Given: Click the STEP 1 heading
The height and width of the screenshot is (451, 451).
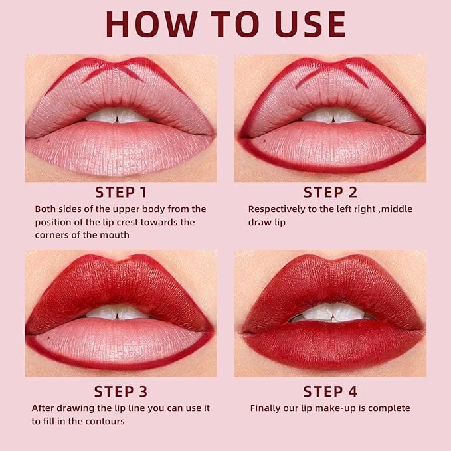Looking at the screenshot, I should pyautogui.click(x=121, y=193).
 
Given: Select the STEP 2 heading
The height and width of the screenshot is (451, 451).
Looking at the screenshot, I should pyautogui.click(x=330, y=193).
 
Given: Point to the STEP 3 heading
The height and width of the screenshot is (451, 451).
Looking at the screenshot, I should pyautogui.click(x=121, y=391).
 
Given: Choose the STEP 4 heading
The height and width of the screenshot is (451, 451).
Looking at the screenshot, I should pyautogui.click(x=330, y=391).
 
